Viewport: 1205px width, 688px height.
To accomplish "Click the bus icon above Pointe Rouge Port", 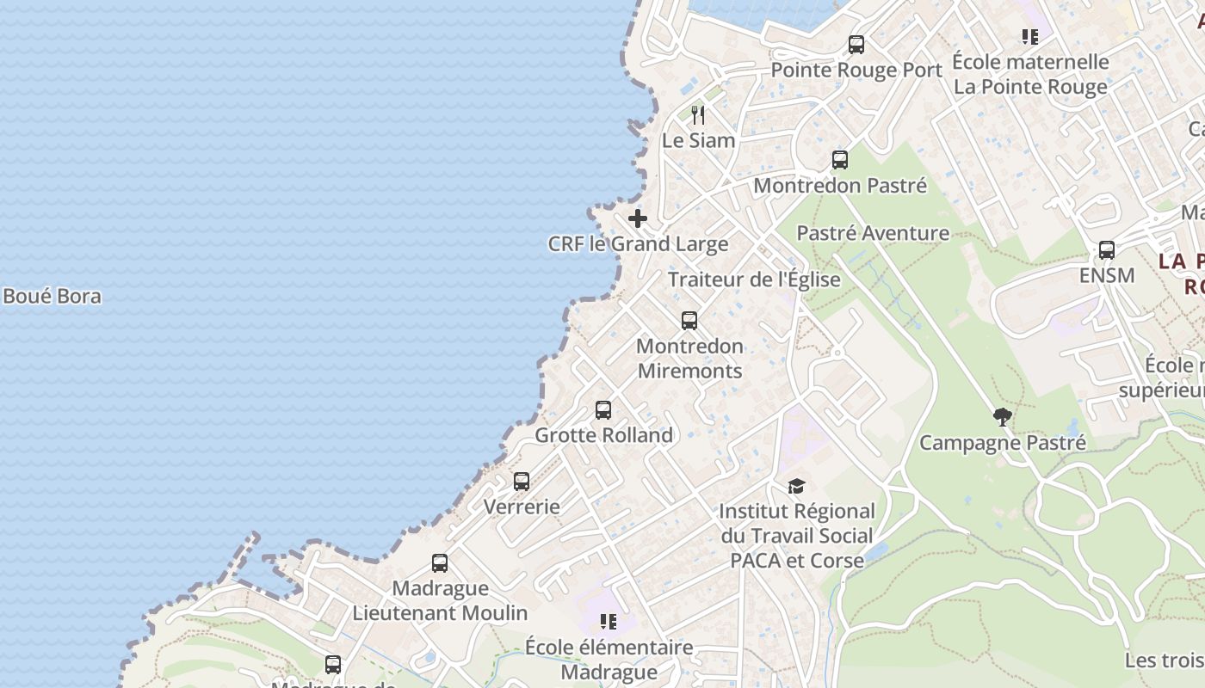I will coord(856,45).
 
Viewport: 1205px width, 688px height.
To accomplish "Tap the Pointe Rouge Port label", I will coord(856,71).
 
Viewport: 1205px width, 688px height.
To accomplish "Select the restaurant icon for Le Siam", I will coord(698,114).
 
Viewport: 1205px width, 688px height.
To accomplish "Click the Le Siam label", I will coord(698,140).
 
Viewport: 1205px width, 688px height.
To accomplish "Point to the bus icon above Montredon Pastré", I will coord(840,160).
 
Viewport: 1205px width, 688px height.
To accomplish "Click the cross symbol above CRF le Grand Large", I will coord(637,218).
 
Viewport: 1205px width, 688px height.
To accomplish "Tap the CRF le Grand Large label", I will coord(638,244).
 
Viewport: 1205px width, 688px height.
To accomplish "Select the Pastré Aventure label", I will coord(873,233).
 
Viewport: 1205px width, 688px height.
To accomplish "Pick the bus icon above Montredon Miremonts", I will coord(689,321).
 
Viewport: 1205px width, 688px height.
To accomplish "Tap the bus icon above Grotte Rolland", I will coord(603,410).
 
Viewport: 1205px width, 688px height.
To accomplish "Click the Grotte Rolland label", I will coord(603,435).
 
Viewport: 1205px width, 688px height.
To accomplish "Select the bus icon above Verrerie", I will coord(522,482).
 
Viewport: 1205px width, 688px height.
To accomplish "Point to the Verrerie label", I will coord(522,507).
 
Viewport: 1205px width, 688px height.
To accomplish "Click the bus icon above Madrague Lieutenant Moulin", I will coord(440,563).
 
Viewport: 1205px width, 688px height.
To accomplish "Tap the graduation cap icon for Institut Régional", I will coord(796,487).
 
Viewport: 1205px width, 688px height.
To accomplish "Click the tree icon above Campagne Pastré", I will coord(1002,418).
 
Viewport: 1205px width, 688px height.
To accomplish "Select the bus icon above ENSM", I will coord(1107,250).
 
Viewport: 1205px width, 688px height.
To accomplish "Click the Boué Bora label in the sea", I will coord(52,297).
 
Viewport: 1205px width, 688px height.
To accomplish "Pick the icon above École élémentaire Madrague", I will coord(609,621).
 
